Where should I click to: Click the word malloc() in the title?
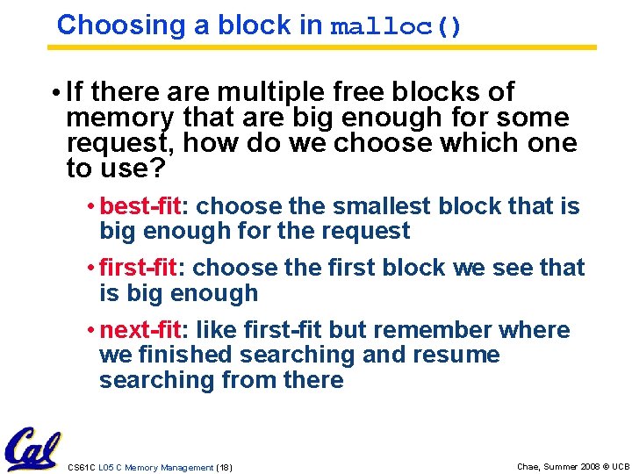tap(396, 27)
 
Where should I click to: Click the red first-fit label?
tap(139, 268)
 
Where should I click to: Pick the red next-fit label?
tap(140, 330)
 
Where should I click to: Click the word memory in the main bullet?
tap(119, 118)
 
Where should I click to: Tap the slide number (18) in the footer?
tap(225, 468)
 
